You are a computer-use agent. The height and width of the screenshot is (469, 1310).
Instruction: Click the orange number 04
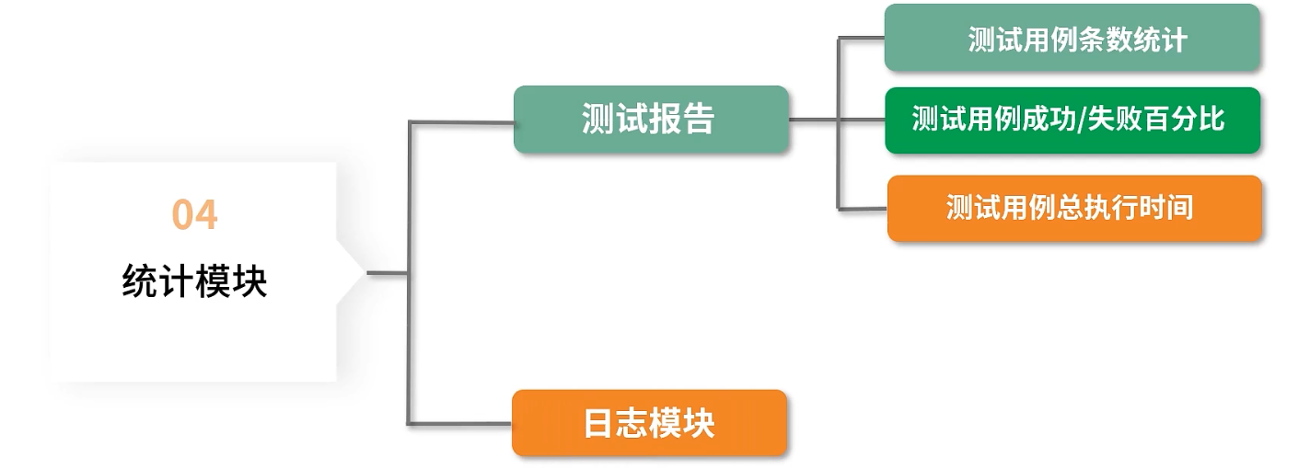click(x=194, y=215)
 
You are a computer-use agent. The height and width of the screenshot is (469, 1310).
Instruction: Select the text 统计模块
click(x=194, y=281)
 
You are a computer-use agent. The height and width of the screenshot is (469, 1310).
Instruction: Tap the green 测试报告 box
click(x=650, y=120)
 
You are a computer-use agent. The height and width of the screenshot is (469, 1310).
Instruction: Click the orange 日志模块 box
click(x=649, y=423)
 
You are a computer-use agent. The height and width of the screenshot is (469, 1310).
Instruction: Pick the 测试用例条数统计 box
click(x=1072, y=39)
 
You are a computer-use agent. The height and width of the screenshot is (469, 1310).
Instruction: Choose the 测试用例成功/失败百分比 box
click(x=1072, y=120)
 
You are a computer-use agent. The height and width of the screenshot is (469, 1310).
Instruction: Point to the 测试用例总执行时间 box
click(x=1073, y=208)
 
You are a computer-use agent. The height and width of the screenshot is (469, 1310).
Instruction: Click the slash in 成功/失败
click(x=1081, y=120)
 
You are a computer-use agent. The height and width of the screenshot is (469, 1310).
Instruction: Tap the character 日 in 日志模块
click(x=598, y=423)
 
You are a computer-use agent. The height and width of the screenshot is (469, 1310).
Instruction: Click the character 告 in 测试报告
click(x=700, y=120)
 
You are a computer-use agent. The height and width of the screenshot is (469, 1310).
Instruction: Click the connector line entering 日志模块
click(x=460, y=423)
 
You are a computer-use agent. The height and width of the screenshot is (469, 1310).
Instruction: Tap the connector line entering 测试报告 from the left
click(x=460, y=121)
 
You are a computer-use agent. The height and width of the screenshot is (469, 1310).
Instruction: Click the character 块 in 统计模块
click(x=250, y=281)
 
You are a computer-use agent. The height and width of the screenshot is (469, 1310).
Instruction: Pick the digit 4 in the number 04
click(x=206, y=215)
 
